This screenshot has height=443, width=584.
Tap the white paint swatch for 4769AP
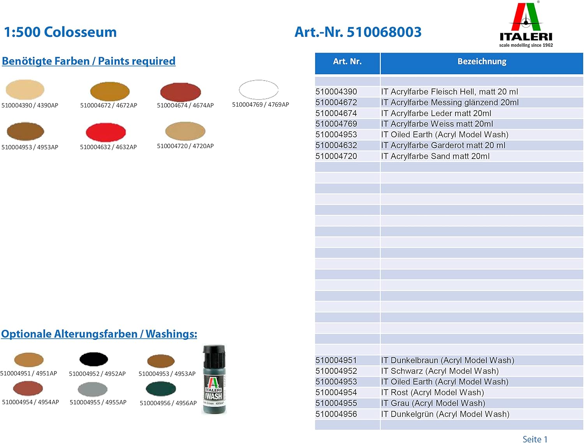point(259,90)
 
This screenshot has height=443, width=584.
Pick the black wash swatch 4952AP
point(93,359)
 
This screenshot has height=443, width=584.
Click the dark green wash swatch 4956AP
point(161,388)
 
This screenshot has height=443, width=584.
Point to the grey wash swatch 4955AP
point(92,389)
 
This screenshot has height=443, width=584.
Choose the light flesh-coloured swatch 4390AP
point(25,89)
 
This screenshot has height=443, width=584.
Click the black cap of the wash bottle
point(214,353)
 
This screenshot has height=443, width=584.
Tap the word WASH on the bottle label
point(214,396)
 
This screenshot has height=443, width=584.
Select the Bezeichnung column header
point(482,62)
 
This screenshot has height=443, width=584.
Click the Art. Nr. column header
point(347,62)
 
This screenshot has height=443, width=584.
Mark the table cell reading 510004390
point(336,92)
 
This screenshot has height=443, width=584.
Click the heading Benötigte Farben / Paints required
point(89,61)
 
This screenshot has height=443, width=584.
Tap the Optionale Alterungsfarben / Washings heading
point(99,334)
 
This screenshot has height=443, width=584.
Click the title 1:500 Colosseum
point(60,32)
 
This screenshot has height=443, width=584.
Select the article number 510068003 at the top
point(384,32)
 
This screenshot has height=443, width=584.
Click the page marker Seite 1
point(535,439)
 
